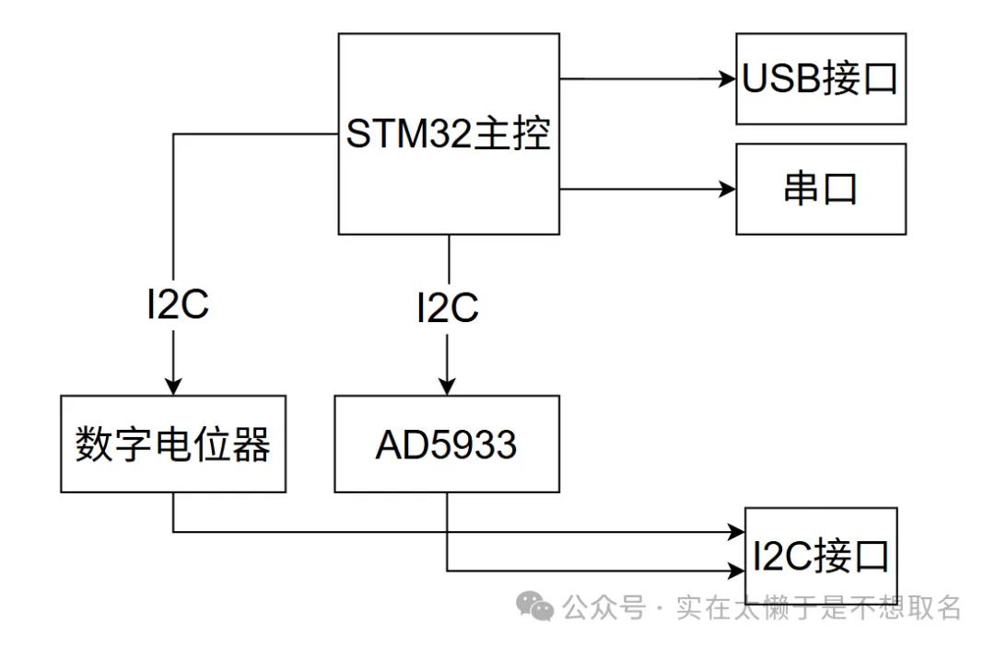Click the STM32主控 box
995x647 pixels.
[449, 133]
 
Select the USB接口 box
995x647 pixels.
[820, 79]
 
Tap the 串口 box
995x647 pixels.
[820, 189]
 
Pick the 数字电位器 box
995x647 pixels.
[172, 445]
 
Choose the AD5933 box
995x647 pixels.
[447, 445]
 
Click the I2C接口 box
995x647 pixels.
[820, 556]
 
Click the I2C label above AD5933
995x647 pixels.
[448, 308]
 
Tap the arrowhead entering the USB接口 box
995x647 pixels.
[728, 79]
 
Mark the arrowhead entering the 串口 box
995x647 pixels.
[728, 190]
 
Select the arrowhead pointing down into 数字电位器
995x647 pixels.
[172, 387]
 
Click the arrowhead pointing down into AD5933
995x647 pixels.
[448, 387]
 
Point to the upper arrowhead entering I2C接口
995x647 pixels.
[736, 532]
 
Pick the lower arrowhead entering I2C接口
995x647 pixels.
[736, 571]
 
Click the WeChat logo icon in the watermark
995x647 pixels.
[534, 607]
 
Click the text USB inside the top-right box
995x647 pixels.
[781, 80]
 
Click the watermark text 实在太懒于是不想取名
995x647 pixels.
[819, 607]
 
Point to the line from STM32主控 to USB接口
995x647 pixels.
[645, 79]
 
